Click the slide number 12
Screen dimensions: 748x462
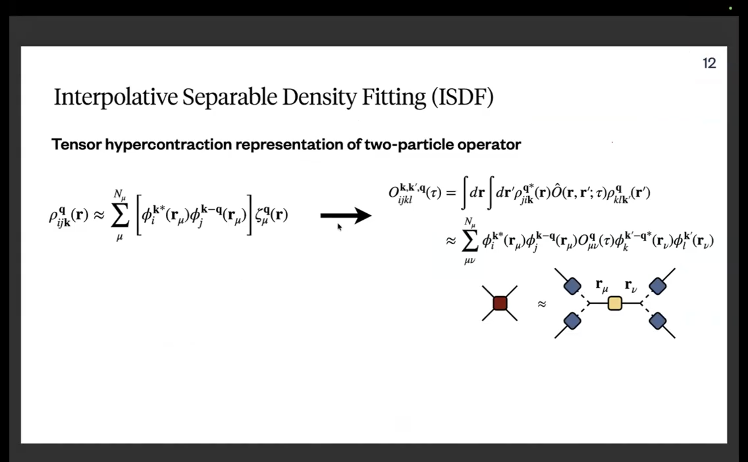(709, 63)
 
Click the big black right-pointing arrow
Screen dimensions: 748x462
(346, 216)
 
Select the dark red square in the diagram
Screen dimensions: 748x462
(500, 303)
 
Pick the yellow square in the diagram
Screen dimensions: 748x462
(615, 303)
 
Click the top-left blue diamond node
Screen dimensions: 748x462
(572, 286)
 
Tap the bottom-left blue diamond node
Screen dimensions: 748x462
(572, 321)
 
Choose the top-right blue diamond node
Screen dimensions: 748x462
(657, 286)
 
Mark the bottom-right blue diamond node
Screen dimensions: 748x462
(657, 321)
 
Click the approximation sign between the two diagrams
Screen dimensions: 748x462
(541, 303)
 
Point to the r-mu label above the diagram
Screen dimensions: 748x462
(602, 286)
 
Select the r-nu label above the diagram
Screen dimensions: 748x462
(631, 286)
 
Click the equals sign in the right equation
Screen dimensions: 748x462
(450, 193)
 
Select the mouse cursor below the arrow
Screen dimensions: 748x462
(339, 227)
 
